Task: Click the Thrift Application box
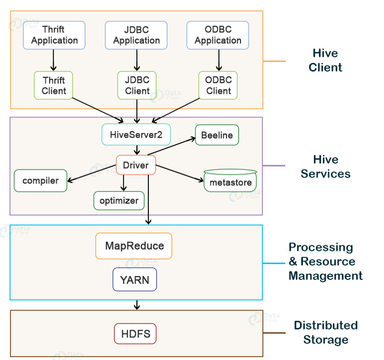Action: click(54, 35)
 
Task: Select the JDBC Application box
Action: click(136, 35)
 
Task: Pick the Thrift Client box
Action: click(53, 85)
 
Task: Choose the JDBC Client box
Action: click(137, 85)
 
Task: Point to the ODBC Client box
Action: click(218, 85)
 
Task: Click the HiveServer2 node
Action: click(136, 135)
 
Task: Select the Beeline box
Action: click(216, 135)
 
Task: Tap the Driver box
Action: click(136, 165)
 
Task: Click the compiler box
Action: click(40, 180)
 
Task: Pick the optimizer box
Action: click(119, 200)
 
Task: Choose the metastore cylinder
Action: click(230, 181)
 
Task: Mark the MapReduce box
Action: click(134, 246)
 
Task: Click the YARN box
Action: click(134, 279)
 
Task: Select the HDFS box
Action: click(135, 334)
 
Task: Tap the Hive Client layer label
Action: click(325, 60)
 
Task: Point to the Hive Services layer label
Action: click(325, 167)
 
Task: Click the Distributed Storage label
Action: click(325, 333)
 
